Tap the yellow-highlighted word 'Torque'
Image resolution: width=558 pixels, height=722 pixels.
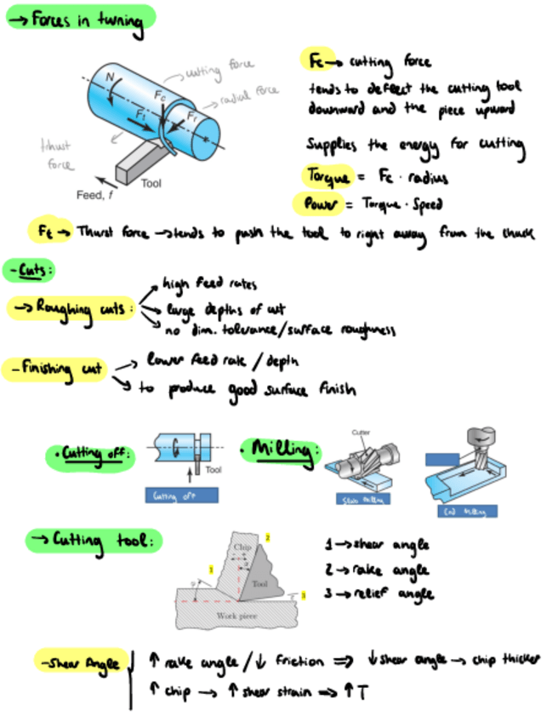pos(326,176)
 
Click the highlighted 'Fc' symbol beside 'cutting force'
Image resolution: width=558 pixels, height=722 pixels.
pos(315,60)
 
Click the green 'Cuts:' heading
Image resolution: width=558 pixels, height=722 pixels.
pos(29,271)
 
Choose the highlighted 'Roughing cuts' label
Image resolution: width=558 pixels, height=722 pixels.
pos(71,308)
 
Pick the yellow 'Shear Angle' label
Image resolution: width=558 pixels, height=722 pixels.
pos(77,662)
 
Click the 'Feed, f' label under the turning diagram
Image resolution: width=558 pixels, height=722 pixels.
pos(94,195)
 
